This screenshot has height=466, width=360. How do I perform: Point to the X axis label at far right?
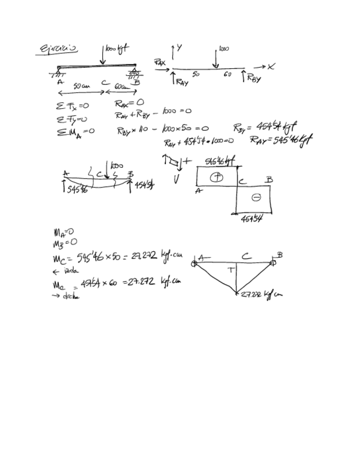(x=272, y=66)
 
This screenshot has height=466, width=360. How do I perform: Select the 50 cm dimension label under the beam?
(x=81, y=86)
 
